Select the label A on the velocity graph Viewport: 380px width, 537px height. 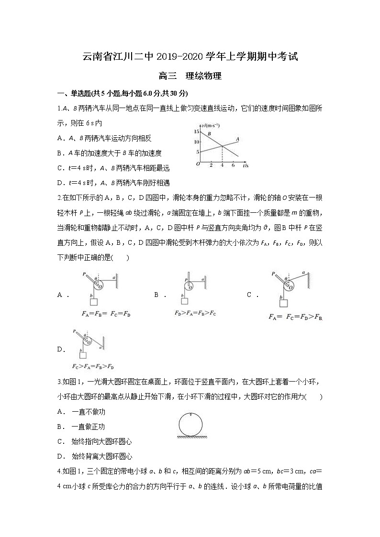[x=237, y=139]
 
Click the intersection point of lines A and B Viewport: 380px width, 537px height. [x=222, y=146]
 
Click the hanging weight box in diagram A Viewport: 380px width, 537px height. [x=94, y=302]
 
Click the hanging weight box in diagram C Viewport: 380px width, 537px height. [x=284, y=303]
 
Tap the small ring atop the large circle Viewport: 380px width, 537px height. [x=191, y=414]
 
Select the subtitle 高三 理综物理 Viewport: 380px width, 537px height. [x=190, y=76]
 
